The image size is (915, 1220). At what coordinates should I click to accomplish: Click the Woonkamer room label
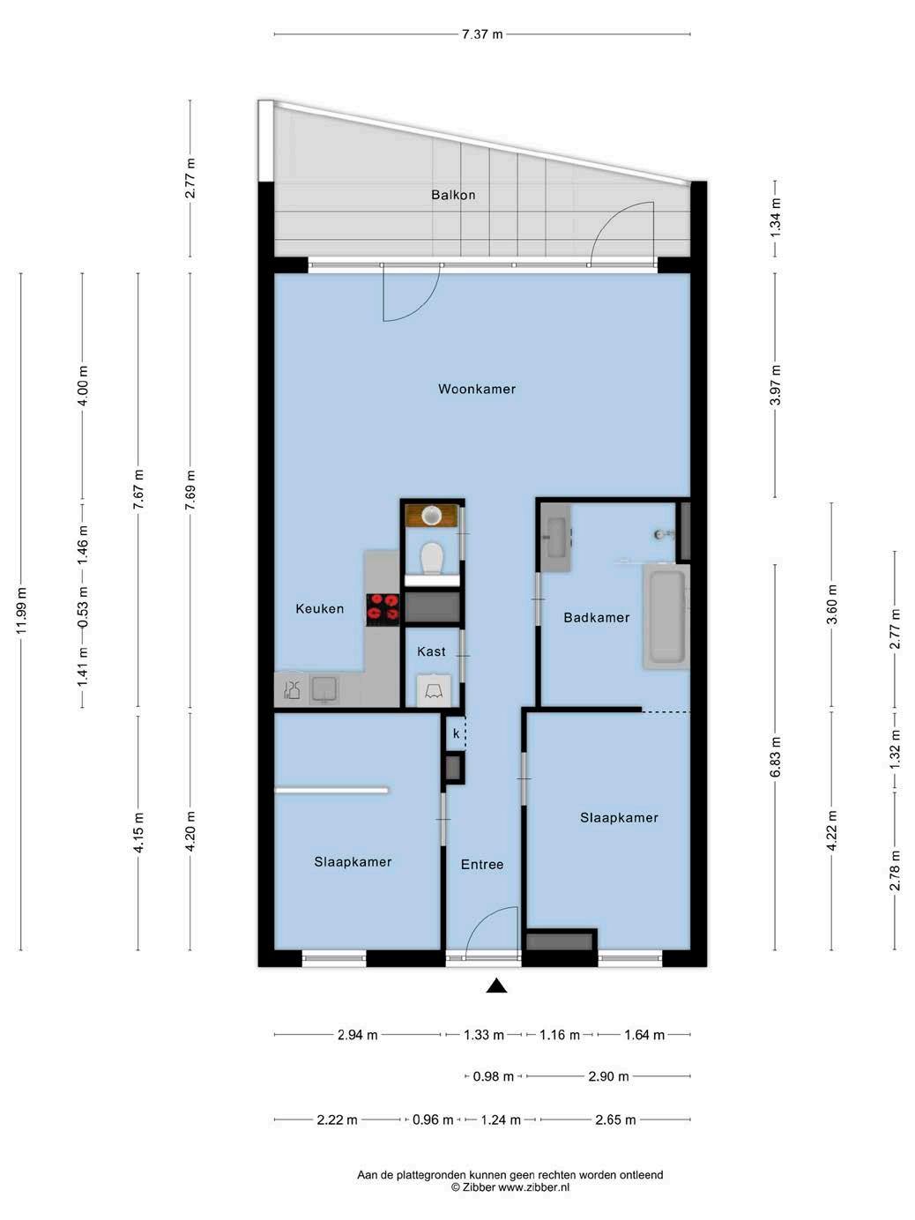[477, 389]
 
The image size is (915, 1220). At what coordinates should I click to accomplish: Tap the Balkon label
[453, 195]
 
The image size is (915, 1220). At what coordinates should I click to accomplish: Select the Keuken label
[319, 608]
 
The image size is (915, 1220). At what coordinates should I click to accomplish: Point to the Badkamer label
[596, 618]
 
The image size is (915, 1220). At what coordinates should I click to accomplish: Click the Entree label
[482, 864]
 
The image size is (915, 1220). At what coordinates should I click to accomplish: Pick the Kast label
[431, 651]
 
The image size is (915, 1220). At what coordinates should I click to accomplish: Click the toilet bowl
[431, 558]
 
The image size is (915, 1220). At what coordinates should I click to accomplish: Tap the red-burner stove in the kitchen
[383, 610]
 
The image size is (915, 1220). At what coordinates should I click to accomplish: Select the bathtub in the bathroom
[666, 617]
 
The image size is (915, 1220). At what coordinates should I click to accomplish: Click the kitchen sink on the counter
[324, 689]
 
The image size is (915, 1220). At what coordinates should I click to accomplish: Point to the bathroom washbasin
[555, 538]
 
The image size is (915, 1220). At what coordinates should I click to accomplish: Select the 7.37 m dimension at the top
[482, 34]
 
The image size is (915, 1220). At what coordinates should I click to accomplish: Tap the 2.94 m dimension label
[357, 1035]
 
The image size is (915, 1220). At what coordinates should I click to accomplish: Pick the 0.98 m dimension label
[494, 1076]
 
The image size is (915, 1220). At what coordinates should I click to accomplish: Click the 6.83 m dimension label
[776, 757]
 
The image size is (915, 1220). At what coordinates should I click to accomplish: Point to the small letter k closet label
[456, 733]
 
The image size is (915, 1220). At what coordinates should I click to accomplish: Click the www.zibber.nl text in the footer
[533, 1187]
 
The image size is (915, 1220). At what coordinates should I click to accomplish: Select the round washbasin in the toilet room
[431, 515]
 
